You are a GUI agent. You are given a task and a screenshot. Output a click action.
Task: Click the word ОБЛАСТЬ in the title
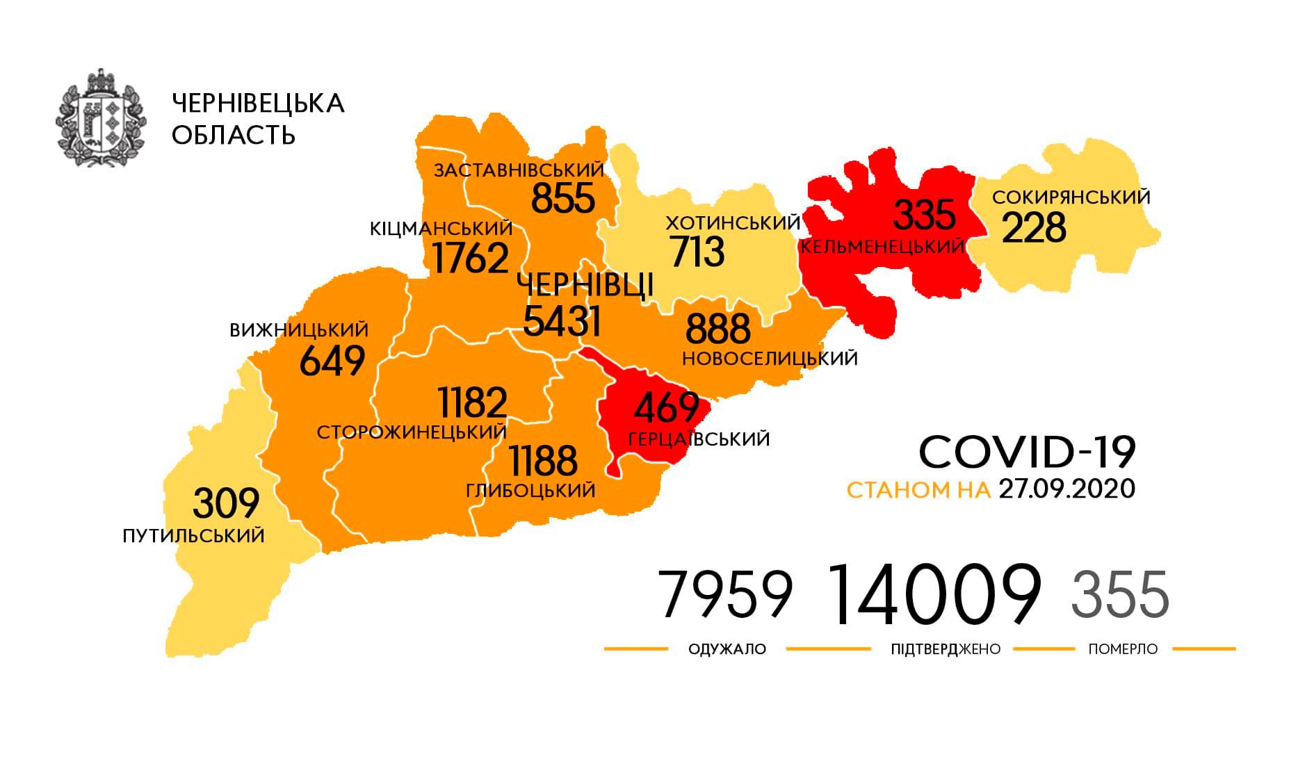pyautogui.click(x=234, y=136)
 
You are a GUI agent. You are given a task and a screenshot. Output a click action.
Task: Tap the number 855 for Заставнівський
pyautogui.click(x=563, y=198)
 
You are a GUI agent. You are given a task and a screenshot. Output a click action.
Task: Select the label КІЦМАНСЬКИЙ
pyautogui.click(x=441, y=228)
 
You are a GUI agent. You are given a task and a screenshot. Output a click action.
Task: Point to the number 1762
pyautogui.click(x=470, y=259)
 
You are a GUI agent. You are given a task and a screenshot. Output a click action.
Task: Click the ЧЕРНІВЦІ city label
pyautogui.click(x=585, y=285)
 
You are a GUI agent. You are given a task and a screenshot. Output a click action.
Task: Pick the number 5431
pyautogui.click(x=561, y=321)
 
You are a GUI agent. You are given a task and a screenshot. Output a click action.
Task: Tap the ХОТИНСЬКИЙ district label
pyautogui.click(x=733, y=223)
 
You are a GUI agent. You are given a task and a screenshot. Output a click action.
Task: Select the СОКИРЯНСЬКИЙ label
pyautogui.click(x=1071, y=197)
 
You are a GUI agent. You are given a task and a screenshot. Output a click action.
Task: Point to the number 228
pyautogui.click(x=1033, y=228)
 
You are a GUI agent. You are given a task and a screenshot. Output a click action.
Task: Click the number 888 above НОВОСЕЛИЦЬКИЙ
pyautogui.click(x=717, y=329)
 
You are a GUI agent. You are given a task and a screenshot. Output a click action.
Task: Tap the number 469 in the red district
pyautogui.click(x=666, y=407)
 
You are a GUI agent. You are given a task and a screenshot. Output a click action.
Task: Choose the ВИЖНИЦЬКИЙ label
pyautogui.click(x=299, y=330)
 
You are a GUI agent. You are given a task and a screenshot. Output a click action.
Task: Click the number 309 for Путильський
pyautogui.click(x=226, y=503)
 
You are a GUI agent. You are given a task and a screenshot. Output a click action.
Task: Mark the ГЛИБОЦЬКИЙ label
pyautogui.click(x=530, y=491)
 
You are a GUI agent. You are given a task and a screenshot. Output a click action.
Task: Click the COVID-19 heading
pyautogui.click(x=1027, y=452)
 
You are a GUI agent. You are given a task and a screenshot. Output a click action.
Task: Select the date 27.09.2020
pyautogui.click(x=1066, y=489)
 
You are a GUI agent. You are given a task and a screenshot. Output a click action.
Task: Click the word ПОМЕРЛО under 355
pyautogui.click(x=1123, y=649)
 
